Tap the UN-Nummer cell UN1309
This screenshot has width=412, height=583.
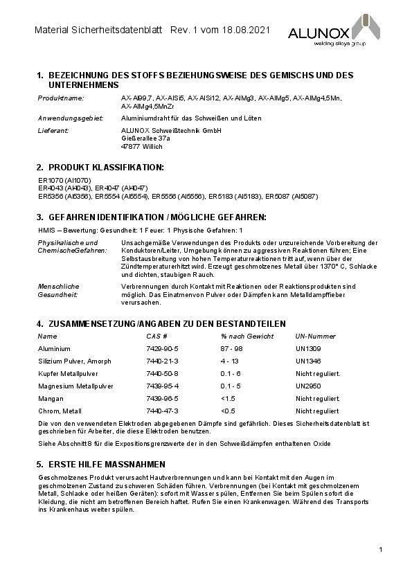click(x=308, y=348)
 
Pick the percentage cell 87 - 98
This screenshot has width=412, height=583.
click(x=231, y=348)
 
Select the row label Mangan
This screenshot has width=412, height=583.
click(x=49, y=398)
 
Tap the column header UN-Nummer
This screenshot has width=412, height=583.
click(x=315, y=336)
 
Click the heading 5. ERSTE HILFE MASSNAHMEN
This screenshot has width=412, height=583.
click(x=100, y=463)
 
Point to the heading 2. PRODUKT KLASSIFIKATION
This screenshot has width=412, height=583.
click(x=100, y=168)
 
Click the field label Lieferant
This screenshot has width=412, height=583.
click(x=53, y=131)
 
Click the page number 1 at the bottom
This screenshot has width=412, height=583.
click(x=381, y=549)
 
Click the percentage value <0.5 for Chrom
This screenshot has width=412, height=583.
click(x=228, y=411)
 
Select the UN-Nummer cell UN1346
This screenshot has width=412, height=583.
click(x=308, y=361)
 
